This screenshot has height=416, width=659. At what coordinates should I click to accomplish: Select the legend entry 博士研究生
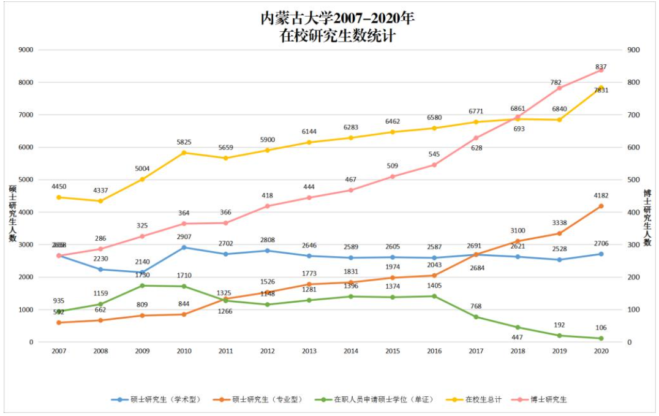pos(551,399)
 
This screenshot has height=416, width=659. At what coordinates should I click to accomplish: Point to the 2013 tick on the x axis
pos(309,350)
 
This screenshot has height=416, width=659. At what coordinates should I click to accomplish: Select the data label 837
pos(601,67)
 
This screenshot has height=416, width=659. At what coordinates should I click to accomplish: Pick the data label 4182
pos(601,195)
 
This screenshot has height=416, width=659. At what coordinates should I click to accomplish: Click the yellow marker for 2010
pos(184,153)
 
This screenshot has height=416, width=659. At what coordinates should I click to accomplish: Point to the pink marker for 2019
pos(559,88)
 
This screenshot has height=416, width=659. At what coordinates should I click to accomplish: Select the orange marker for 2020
pos(601,206)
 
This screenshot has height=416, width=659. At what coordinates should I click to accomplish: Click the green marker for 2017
pos(476,317)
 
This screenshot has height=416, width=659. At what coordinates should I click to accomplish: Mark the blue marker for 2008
pos(100,269)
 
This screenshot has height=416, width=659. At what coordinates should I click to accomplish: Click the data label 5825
pos(184,142)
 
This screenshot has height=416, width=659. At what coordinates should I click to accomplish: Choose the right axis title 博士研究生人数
pos(647,217)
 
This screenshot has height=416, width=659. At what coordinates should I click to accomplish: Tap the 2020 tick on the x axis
pos(601,350)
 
